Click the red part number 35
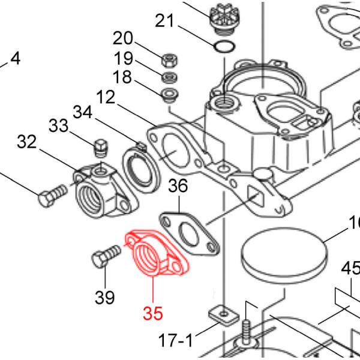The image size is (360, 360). pos(153,313)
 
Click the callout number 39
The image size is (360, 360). pos(105,296)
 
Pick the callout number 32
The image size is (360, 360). pos(27,142)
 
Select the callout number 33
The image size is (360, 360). pos(59,125)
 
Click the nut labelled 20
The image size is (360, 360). pos(169,59)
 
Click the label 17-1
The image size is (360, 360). pos(175,341)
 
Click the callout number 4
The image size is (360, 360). pos(15,59)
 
